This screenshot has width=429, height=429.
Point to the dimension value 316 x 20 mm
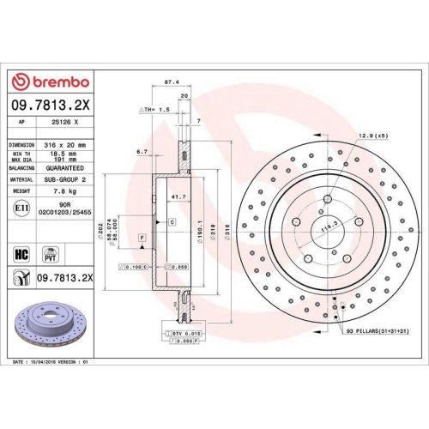(65, 145)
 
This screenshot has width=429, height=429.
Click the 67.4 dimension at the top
(170, 84)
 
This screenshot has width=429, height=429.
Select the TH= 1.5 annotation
(155, 112)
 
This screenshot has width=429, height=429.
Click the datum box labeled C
(171, 221)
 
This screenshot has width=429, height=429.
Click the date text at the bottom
(51, 362)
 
